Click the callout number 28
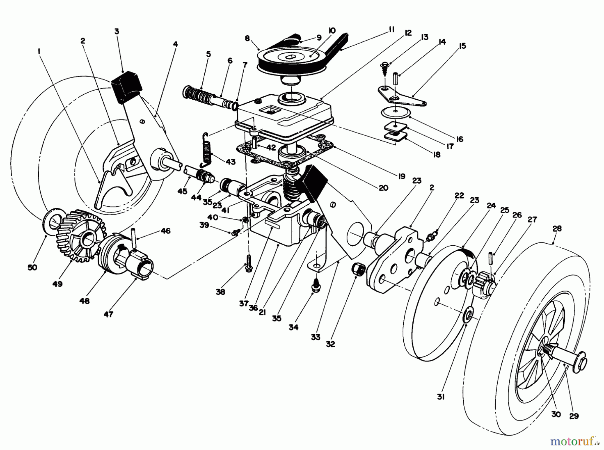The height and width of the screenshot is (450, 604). (557, 229)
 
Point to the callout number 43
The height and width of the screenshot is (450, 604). (230, 162)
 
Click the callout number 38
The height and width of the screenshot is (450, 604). (220, 292)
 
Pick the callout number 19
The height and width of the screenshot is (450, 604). (402, 176)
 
